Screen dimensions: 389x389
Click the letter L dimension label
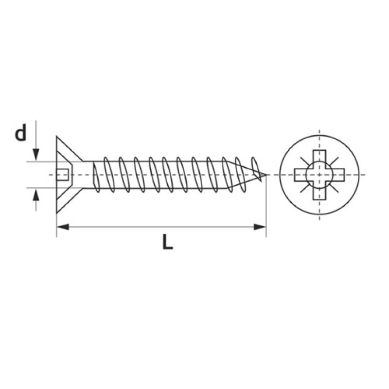pos(167,242)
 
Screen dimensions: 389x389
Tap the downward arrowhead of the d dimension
pos(36,155)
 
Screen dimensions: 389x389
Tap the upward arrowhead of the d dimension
pos(36,194)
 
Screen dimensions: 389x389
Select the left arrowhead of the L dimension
pos(63,227)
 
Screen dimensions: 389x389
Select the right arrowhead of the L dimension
pos(260,227)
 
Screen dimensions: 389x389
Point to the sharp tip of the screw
pos(266,175)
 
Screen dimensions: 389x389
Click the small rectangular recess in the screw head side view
pos(62,175)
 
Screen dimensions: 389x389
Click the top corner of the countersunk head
pos(57,137)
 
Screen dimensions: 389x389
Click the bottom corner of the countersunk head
pos(57,213)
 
